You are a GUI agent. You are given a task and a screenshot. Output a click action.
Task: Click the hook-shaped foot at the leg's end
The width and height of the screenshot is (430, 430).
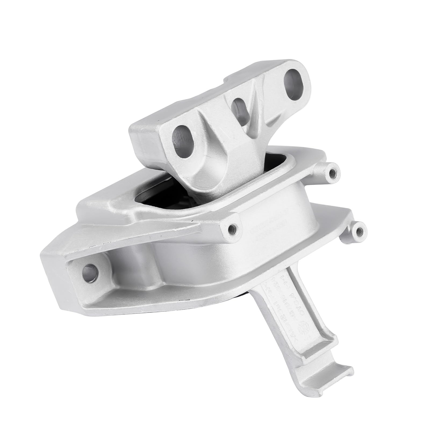point(336,387)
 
